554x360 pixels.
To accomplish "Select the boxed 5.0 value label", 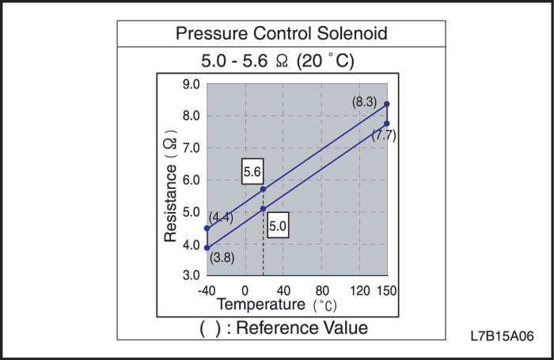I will coord(278,225).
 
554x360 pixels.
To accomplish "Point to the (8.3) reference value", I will coord(366,102).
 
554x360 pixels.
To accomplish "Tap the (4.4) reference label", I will coord(221,218).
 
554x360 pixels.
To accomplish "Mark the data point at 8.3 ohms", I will coord(386,104).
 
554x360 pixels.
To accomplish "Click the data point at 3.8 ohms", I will coord(207,248).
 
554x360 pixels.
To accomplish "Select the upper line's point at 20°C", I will coord(263,189).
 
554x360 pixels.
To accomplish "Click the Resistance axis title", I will coord(170,188).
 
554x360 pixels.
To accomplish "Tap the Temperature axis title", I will coord(260,304).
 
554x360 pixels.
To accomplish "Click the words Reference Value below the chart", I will coord(302,327).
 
